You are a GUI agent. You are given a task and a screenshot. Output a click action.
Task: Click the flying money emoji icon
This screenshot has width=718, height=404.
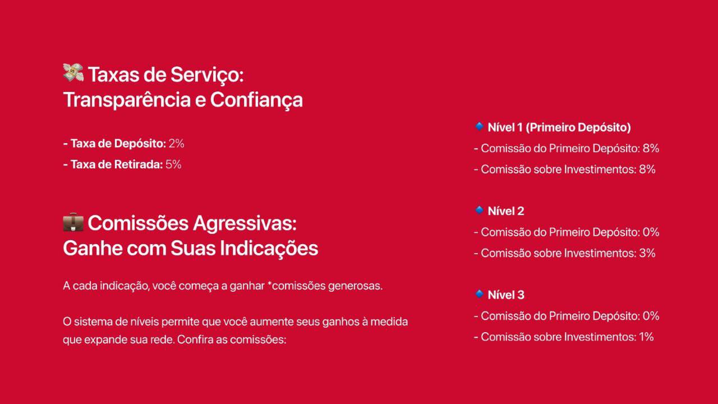pos(73,72)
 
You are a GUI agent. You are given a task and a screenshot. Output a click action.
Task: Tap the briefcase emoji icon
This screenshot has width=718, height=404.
pos(73,222)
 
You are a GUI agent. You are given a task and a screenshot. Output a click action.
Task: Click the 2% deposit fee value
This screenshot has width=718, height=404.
pos(176,144)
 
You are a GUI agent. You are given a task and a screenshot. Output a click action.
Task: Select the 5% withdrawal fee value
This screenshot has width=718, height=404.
pos(173,164)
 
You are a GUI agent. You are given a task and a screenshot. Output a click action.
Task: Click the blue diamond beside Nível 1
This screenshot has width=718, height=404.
pos(479,126)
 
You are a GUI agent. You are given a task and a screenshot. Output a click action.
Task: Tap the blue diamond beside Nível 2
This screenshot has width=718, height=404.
pos(479,210)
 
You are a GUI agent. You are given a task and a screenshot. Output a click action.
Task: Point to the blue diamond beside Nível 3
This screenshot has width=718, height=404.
pos(479,293)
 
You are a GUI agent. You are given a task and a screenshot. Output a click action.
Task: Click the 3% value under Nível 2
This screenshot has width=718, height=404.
pos(647,253)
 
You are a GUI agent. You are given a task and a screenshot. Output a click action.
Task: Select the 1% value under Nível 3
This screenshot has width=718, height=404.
pos(646,337)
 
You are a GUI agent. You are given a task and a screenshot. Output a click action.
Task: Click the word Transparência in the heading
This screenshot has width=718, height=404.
pos(127,100)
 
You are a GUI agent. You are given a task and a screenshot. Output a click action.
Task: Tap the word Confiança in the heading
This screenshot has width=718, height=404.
pos(256,100)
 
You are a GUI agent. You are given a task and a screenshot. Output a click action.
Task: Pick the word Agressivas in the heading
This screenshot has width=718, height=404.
pos(245,223)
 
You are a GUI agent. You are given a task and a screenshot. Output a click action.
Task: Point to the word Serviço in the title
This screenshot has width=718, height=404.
pos(207,75)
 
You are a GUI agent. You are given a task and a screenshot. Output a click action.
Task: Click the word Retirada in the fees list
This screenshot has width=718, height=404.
pos(139,164)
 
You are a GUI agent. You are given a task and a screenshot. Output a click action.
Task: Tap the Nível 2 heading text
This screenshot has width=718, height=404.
pos(506,211)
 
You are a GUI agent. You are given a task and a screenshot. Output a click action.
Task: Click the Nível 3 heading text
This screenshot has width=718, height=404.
pos(506,295)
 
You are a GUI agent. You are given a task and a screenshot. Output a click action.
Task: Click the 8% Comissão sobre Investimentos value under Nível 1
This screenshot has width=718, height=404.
pos(647,169)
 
